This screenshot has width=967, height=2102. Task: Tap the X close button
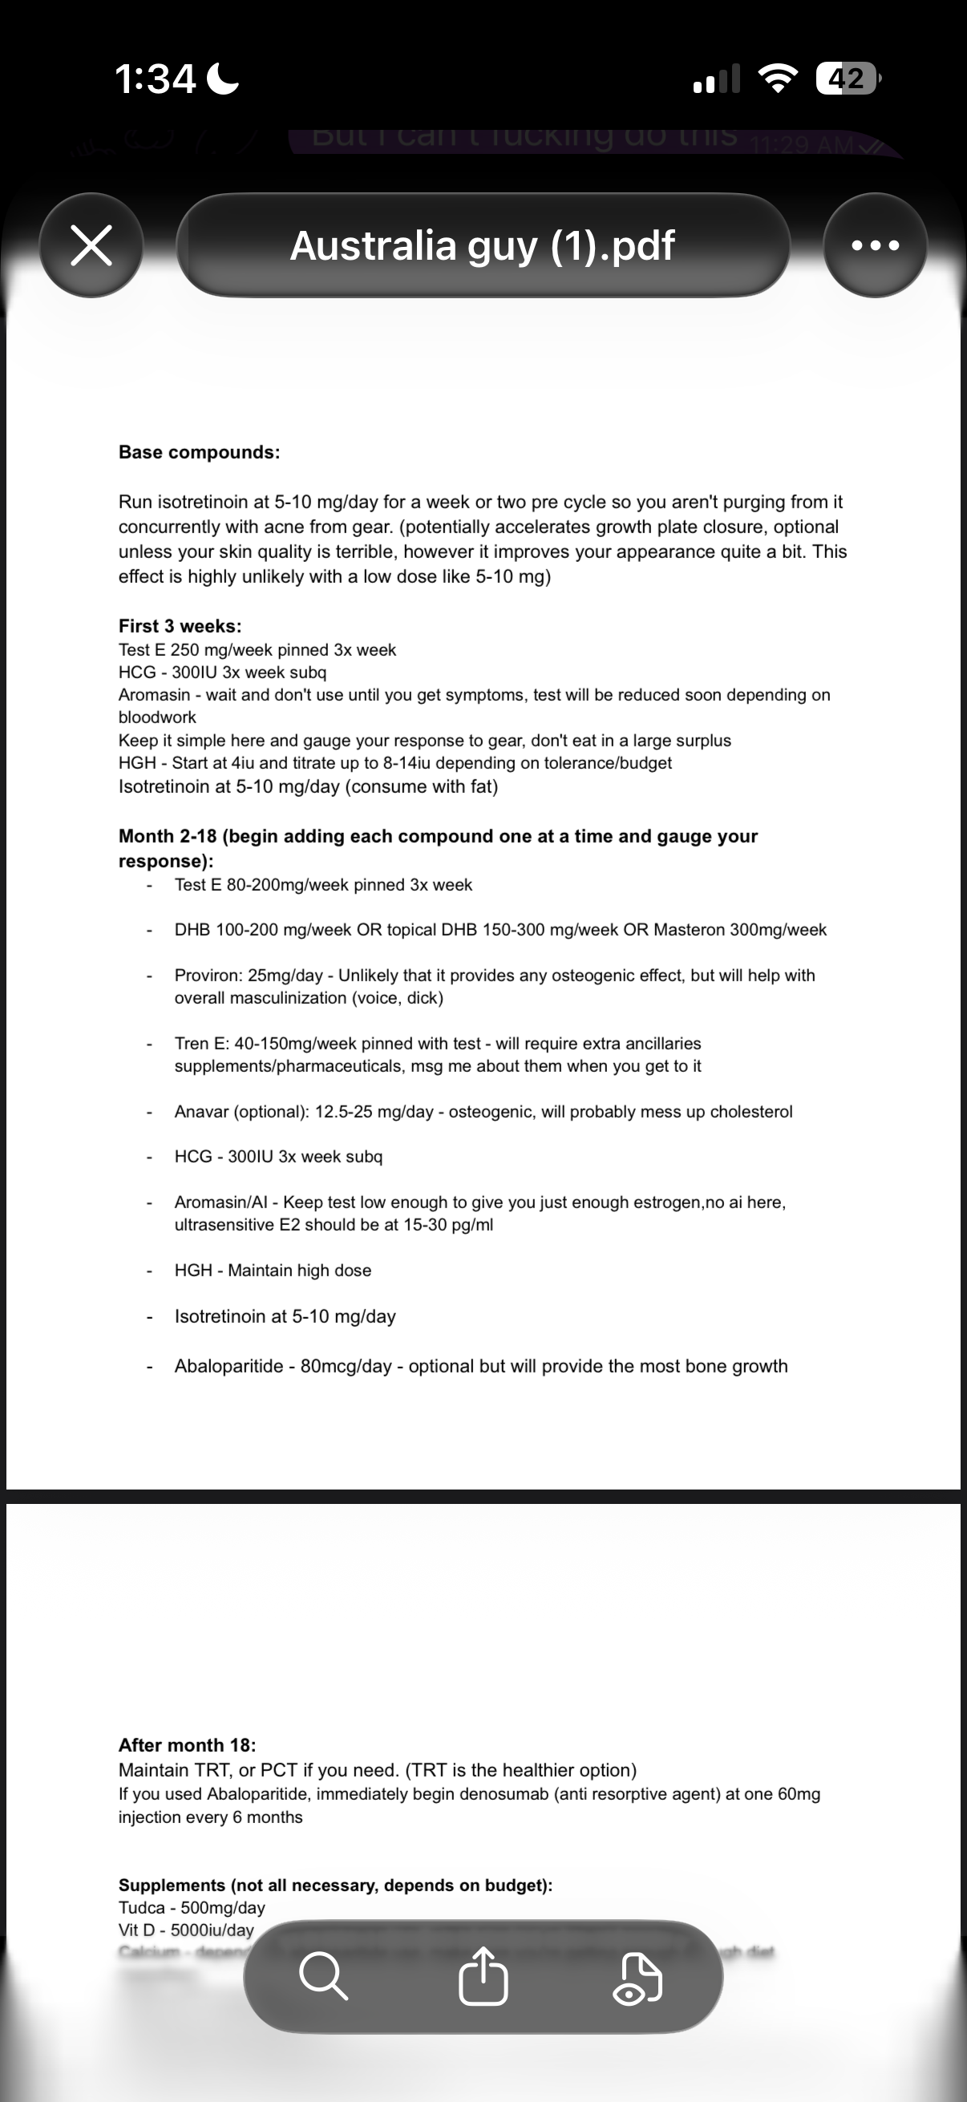[x=91, y=245]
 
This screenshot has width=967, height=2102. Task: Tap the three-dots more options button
[x=875, y=245]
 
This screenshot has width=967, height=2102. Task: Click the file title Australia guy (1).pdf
[x=482, y=245]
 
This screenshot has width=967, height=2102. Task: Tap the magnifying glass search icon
[x=323, y=1975]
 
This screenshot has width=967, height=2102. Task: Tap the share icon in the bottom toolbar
[x=483, y=1975]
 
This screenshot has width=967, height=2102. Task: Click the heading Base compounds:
[x=199, y=452]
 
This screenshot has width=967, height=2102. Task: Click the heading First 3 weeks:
[x=180, y=626]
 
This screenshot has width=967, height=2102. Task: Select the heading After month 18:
[x=187, y=1744]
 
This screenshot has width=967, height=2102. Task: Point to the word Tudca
[x=140, y=1908]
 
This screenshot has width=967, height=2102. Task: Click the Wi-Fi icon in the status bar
[x=778, y=79]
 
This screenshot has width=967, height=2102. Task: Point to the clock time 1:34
[x=155, y=79]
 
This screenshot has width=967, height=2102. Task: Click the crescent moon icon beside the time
[x=223, y=79]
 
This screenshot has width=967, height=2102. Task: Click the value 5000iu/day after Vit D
[x=212, y=1930]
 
